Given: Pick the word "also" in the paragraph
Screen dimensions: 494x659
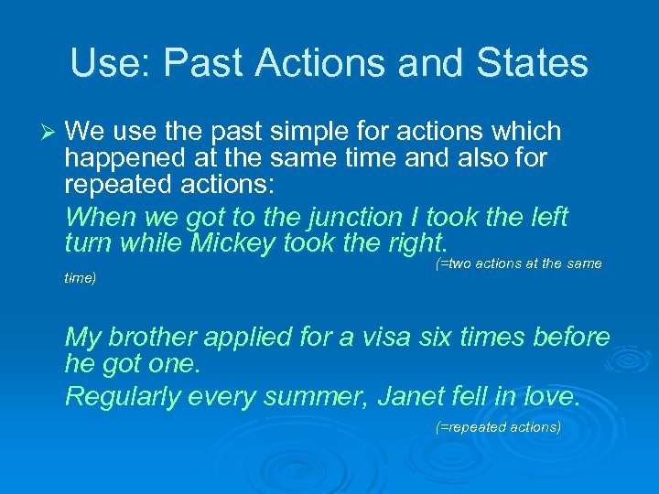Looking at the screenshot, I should [483, 158].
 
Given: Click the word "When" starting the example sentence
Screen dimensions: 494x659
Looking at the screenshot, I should [102, 218].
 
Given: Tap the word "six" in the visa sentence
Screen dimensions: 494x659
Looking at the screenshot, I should [440, 338].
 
